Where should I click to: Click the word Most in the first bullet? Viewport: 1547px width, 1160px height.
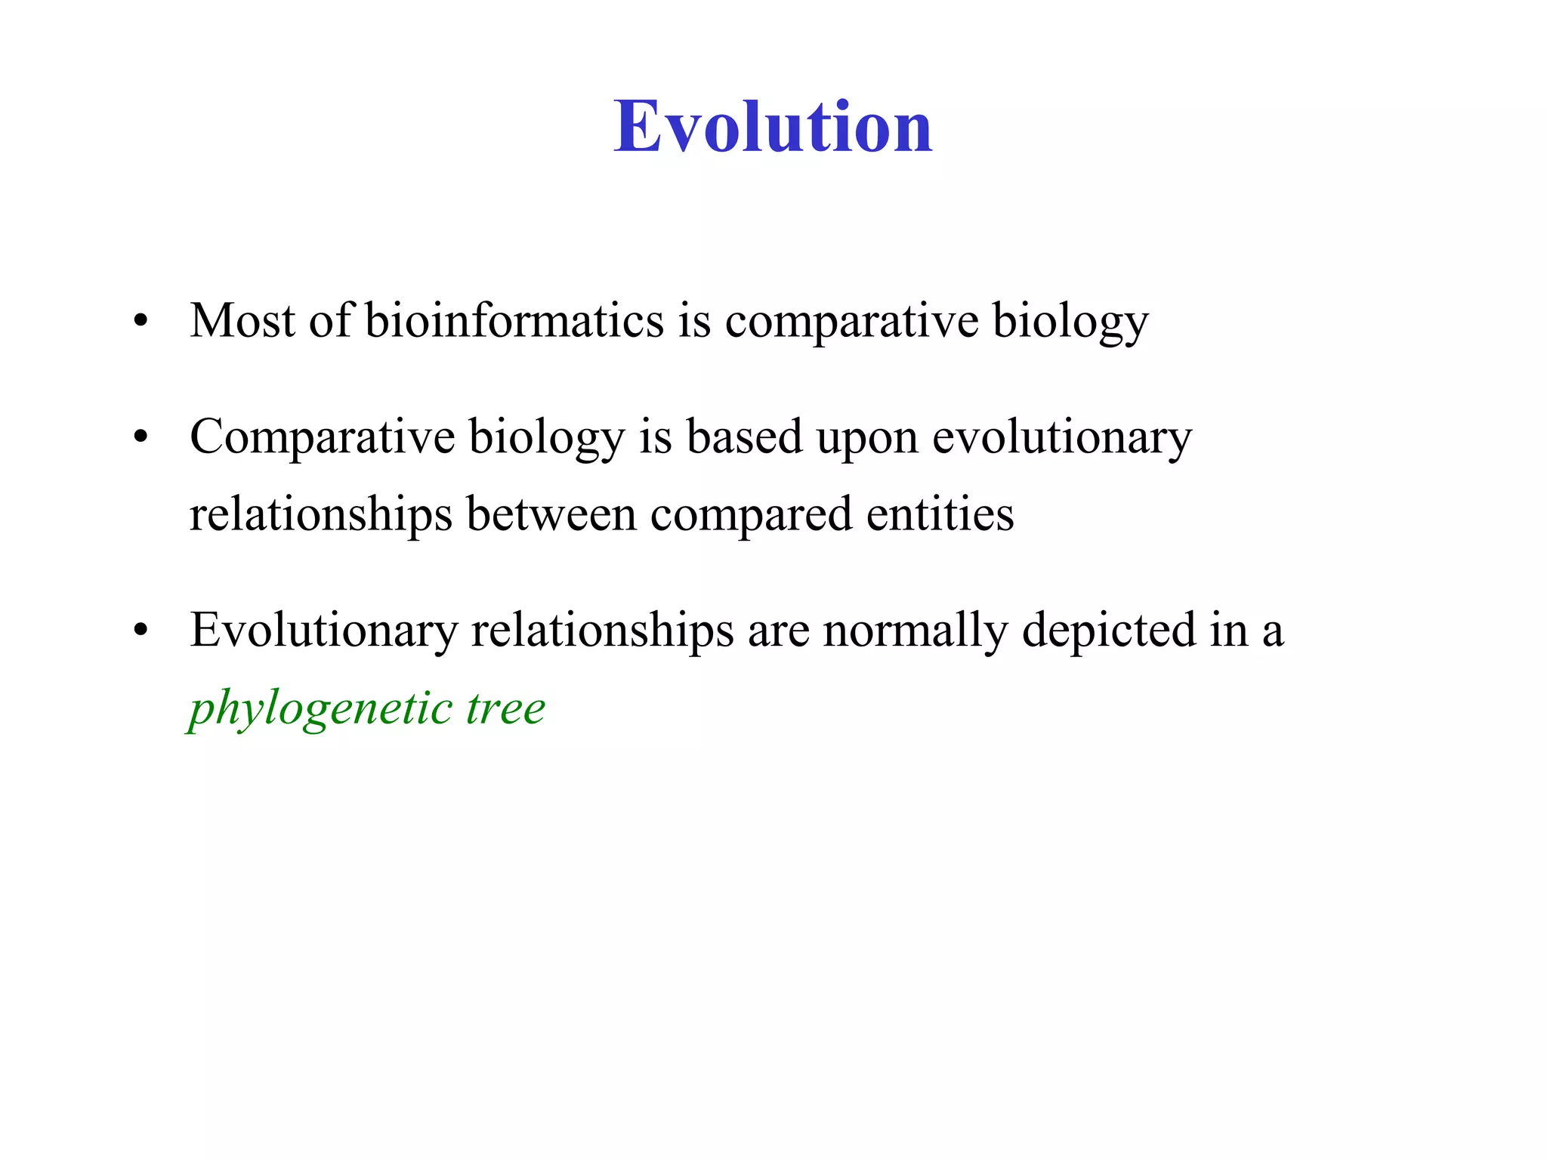click(242, 320)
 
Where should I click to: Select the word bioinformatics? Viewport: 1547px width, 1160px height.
click(514, 320)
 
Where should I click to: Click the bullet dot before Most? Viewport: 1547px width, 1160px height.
click(140, 322)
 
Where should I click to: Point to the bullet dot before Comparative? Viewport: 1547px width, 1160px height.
click(140, 438)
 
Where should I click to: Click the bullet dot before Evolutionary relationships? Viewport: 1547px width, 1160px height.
click(140, 631)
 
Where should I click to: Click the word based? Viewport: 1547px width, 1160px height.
click(744, 437)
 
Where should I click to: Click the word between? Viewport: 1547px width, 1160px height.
click(551, 515)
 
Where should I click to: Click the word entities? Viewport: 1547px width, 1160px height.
click(940, 515)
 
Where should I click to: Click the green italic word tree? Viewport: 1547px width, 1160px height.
click(505, 709)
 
